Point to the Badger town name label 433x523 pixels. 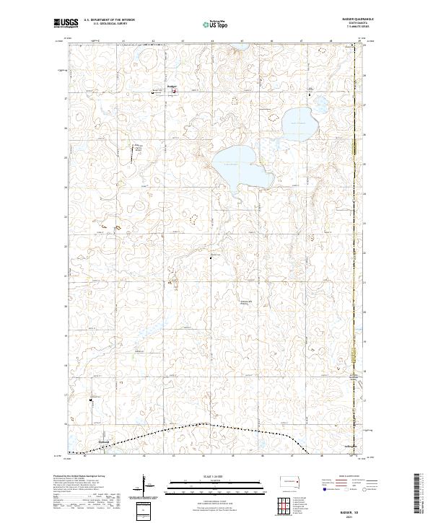[172, 87]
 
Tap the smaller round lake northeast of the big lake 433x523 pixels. [297, 123]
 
